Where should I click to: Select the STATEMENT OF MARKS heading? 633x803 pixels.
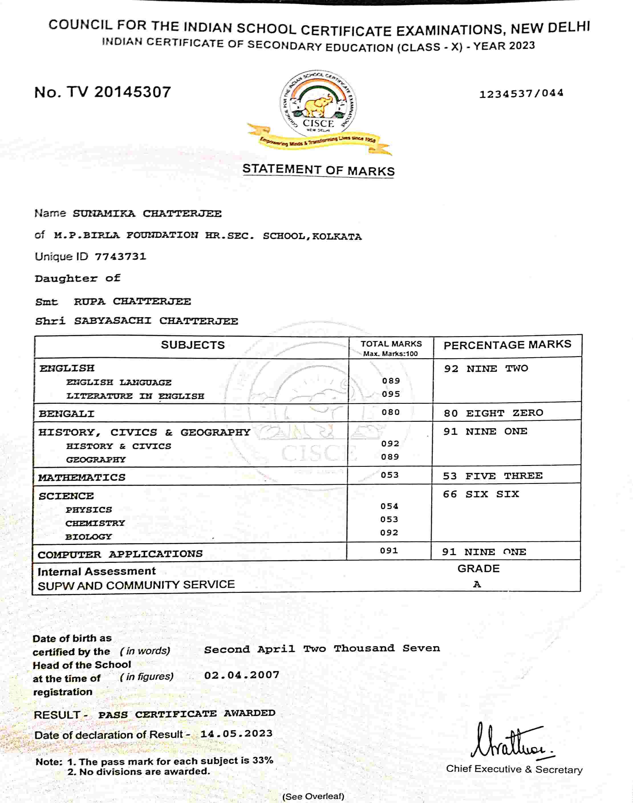(318, 170)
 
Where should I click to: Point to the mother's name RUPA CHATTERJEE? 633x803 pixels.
(132, 302)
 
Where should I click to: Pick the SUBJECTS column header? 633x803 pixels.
(193, 345)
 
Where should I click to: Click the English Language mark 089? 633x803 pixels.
(391, 381)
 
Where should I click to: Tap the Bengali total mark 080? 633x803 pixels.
(391, 412)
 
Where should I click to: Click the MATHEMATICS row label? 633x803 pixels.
(82, 477)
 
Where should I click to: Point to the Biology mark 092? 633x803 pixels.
(389, 532)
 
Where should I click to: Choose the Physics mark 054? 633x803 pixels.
(389, 506)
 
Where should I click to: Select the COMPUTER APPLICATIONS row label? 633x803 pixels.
(120, 554)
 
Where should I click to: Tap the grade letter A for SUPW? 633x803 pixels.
(477, 584)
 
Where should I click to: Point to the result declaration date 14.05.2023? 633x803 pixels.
(236, 733)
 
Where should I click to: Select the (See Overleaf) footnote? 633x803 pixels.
(313, 796)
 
